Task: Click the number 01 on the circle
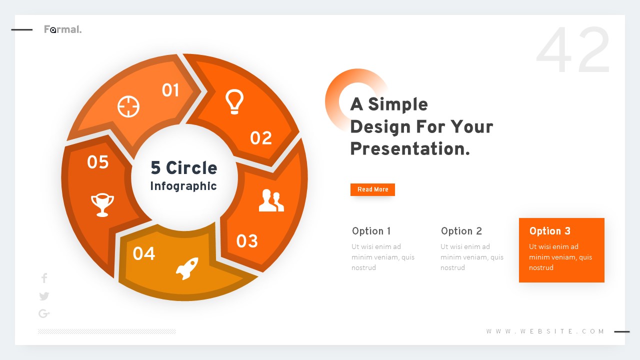tap(170, 90)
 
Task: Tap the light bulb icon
tap(234, 102)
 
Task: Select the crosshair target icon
tap(128, 106)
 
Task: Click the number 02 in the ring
tap(261, 138)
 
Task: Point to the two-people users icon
tap(271, 200)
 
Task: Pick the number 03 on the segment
tap(247, 241)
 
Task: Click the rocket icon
tap(187, 268)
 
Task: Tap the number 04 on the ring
tap(144, 254)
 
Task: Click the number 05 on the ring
tap(98, 162)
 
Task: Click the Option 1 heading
tap(371, 231)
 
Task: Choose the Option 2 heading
tap(461, 231)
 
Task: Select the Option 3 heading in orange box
tap(549, 231)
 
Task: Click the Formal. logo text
tap(62, 29)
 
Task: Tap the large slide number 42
tap(573, 51)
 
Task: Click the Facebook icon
tap(44, 278)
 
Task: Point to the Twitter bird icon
tap(44, 296)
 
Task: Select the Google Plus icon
tap(44, 313)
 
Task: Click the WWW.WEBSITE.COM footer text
tap(545, 331)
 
